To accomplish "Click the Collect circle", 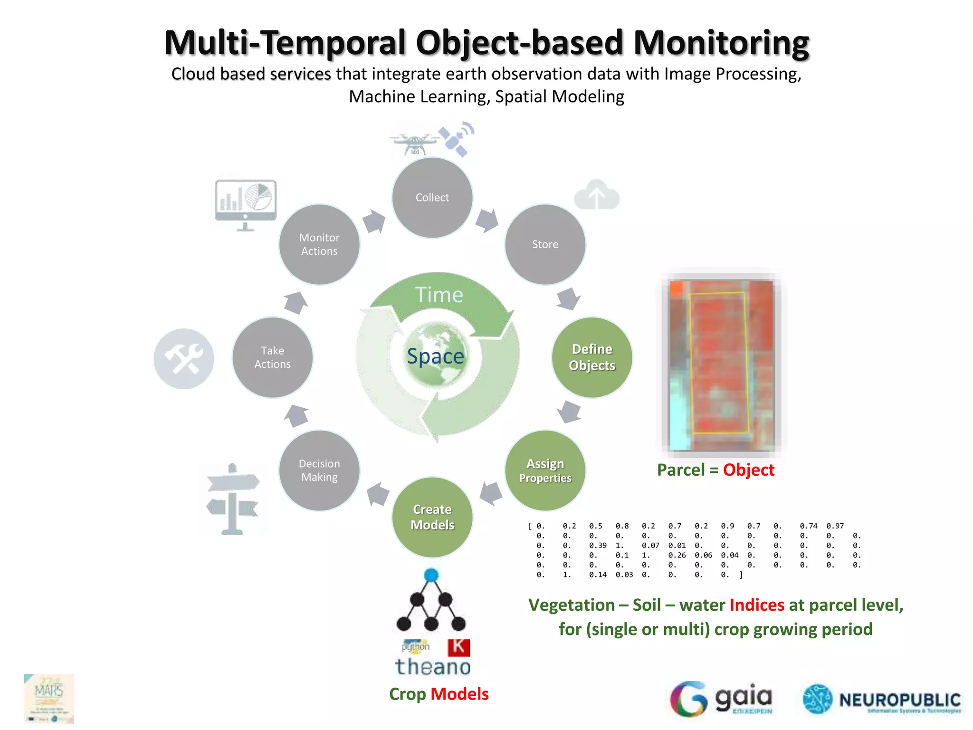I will [x=432, y=197].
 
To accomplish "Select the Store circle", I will [x=545, y=244].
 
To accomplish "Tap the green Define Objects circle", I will [x=592, y=357].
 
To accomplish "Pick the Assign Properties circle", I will [x=545, y=470].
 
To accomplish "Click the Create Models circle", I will [x=432, y=517].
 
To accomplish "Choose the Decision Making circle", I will [x=319, y=470].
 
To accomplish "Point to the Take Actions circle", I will [x=272, y=357].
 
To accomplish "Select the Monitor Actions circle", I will [x=319, y=244].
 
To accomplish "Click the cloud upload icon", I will [x=597, y=195].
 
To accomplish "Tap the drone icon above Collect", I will [x=414, y=143].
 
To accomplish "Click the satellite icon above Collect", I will [x=457, y=138].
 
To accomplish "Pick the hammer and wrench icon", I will [x=184, y=358].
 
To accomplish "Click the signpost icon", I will [x=233, y=499].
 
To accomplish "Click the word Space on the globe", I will [x=435, y=356].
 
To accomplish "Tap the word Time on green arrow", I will [x=439, y=295].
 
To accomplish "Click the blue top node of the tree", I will [x=431, y=575].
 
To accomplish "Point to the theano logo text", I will [x=433, y=667].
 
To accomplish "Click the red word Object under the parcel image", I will [x=749, y=470].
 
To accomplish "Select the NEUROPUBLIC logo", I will [x=882, y=700].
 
